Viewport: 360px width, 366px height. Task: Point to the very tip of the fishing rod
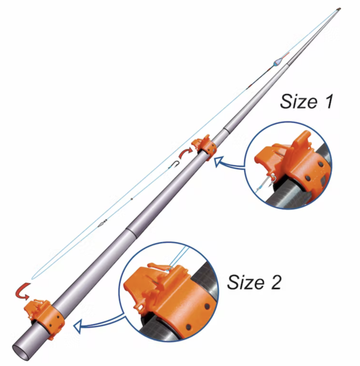point(341,8)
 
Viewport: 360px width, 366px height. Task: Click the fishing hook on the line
point(177,165)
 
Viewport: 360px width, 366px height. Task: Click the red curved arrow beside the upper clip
point(186,152)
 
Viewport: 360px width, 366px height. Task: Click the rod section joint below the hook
point(129,231)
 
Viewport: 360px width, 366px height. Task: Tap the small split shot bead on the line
point(132,199)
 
